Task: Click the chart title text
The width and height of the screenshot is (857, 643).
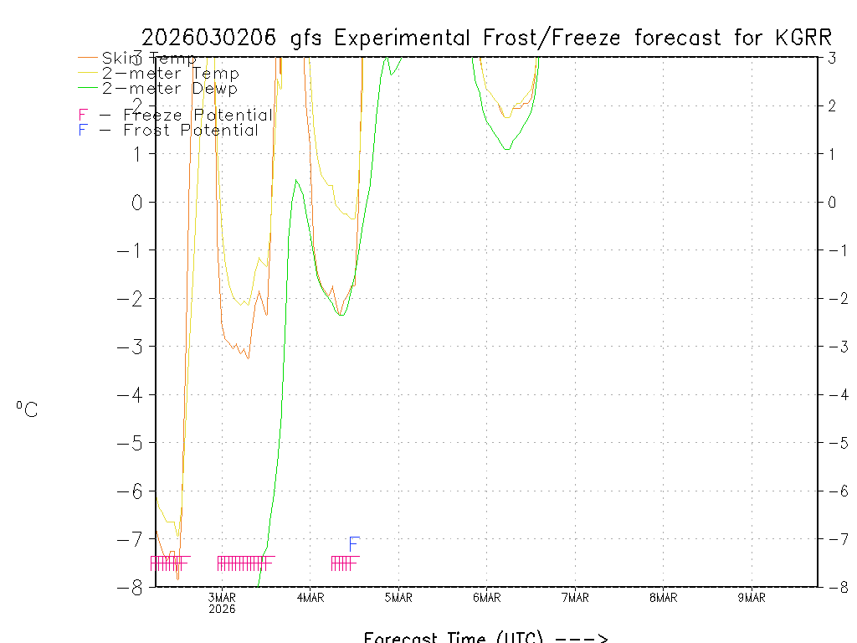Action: click(486, 38)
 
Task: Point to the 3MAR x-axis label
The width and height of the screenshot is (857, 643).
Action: click(223, 598)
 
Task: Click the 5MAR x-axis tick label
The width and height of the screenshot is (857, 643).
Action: click(398, 598)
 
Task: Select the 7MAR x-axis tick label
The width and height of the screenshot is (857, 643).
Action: click(575, 598)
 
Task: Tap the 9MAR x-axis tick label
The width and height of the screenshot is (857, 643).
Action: click(752, 598)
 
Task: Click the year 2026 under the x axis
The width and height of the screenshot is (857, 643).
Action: click(223, 609)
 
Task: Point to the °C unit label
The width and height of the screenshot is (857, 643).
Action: click(27, 409)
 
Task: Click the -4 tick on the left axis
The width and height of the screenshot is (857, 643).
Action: click(135, 394)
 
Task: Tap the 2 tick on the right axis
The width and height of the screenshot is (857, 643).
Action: click(833, 105)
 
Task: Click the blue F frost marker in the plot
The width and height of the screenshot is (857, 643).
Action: click(354, 544)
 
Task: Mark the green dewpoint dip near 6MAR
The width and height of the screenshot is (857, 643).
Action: click(507, 149)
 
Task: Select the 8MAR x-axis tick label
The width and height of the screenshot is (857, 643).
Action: click(664, 598)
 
